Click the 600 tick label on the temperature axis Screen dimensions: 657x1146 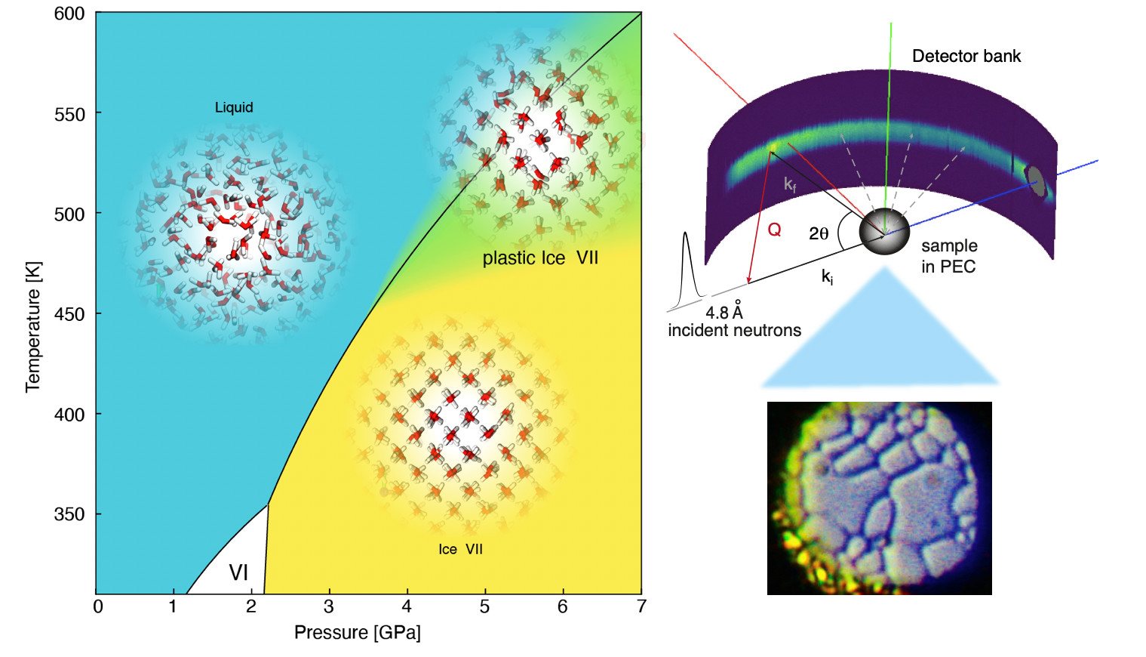coord(69,14)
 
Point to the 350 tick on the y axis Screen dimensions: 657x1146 coord(69,514)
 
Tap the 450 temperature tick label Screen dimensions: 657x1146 coord(69,314)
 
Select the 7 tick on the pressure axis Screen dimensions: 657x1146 coord(641,606)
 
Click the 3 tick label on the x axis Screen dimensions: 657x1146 coord(329,606)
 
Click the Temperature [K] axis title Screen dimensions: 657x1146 coord(32,327)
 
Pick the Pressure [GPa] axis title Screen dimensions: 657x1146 coord(357,633)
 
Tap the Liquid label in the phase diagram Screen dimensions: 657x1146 coord(234,107)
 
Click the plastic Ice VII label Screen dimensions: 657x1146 coord(540,258)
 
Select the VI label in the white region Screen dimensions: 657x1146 coord(238,572)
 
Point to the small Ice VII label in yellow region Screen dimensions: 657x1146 coord(460,549)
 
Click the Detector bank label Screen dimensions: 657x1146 coord(966,56)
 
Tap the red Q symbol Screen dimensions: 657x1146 coord(774,230)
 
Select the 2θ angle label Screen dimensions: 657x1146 coord(819,233)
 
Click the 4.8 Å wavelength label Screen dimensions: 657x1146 coord(724,311)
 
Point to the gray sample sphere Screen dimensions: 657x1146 coord(884,232)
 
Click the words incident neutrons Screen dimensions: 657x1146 coord(734,330)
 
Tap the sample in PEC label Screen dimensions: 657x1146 coord(948,256)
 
